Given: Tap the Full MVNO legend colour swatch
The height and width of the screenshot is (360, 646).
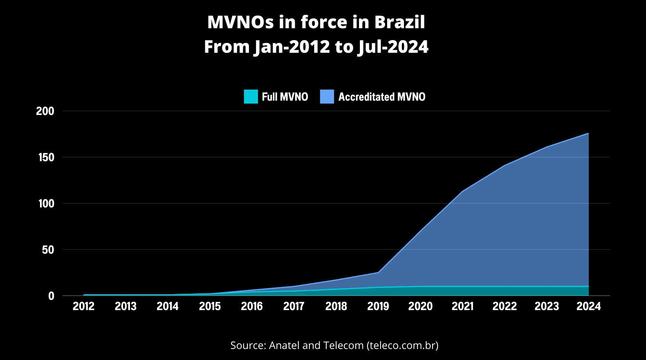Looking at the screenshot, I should tap(251, 97).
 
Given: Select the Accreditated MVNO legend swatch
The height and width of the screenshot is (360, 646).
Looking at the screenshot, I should tap(327, 97).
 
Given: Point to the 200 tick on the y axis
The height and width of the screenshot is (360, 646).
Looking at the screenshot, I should tap(45, 111).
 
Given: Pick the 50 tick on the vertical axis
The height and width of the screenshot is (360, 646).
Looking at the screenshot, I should tap(48, 250).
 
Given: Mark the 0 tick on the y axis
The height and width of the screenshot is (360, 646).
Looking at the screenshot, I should tap(51, 296).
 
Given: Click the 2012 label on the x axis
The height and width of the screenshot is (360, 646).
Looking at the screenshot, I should tap(83, 306).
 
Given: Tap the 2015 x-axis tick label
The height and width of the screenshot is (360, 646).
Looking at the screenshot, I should tap(210, 306).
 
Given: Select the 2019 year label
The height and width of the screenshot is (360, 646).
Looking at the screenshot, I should tap(378, 306).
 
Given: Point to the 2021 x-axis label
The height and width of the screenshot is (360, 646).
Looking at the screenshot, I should tap(462, 306).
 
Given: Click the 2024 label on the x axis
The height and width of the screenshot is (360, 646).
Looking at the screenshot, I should tap(588, 306).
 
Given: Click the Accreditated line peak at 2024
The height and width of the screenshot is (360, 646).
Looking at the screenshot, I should tap(588, 133).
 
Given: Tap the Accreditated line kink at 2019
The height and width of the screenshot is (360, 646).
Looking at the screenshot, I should tap(378, 272).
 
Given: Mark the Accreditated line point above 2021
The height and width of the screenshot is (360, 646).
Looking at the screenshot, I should tap(462, 191).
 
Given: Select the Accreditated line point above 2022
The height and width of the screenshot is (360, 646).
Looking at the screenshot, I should tap(505, 165).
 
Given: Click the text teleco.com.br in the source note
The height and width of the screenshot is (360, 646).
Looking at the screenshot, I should tap(402, 345).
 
